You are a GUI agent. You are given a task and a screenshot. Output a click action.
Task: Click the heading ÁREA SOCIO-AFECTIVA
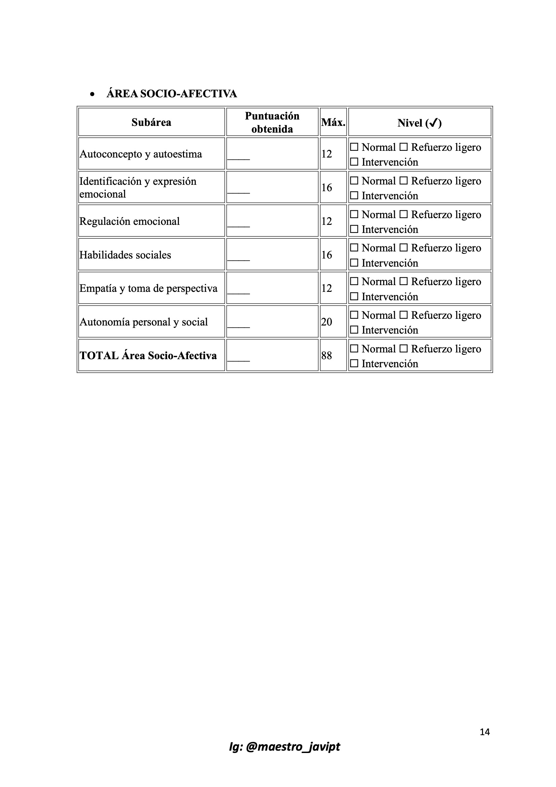(172, 94)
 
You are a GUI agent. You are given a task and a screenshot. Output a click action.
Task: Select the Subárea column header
(151, 123)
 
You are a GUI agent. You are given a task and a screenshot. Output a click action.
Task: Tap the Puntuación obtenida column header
(272, 123)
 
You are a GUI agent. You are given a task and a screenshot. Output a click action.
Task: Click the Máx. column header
(333, 123)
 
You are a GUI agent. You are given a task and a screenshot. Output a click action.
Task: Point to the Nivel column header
(419, 123)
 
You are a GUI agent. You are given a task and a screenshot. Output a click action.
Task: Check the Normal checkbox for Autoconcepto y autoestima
(354, 147)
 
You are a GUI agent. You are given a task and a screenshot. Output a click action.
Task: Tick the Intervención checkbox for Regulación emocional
(354, 229)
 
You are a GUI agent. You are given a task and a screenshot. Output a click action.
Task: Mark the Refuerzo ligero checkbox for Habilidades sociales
(404, 248)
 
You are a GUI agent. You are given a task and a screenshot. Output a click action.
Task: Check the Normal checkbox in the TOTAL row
(354, 349)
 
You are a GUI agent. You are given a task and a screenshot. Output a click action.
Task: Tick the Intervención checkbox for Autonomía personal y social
(354, 330)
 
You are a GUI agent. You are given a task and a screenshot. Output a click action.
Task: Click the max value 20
(327, 322)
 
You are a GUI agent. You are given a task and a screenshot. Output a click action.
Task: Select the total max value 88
(327, 355)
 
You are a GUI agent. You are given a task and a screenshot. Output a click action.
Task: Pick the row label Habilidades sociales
(125, 255)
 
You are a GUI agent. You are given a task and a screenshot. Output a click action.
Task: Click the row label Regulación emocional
(129, 221)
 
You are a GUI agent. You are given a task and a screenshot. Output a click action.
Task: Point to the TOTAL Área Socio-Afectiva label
(148, 355)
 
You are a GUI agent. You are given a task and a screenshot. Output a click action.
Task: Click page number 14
(484, 732)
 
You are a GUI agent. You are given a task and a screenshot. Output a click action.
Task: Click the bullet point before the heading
(92, 94)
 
